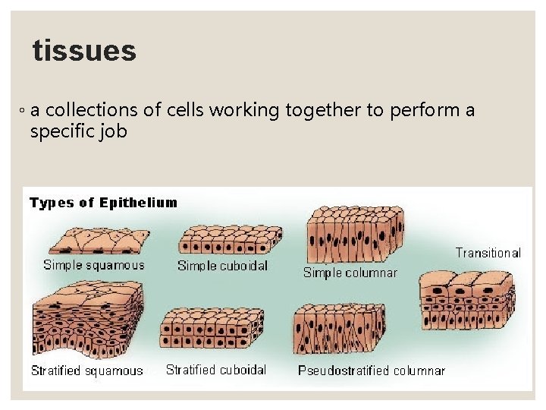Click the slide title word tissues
pyautogui.click(x=84, y=52)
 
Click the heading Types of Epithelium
pyautogui.click(x=103, y=203)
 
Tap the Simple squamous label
pyautogui.click(x=93, y=265)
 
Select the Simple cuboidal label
pyautogui.click(x=222, y=266)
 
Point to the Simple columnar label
pyautogui.click(x=350, y=273)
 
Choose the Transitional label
pyautogui.click(x=488, y=253)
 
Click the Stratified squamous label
pyautogui.click(x=86, y=371)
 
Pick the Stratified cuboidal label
pyautogui.click(x=216, y=370)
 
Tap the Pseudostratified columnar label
pyautogui.click(x=371, y=371)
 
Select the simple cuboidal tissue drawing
pyautogui.click(x=228, y=240)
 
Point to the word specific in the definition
pyautogui.click(x=61, y=131)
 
